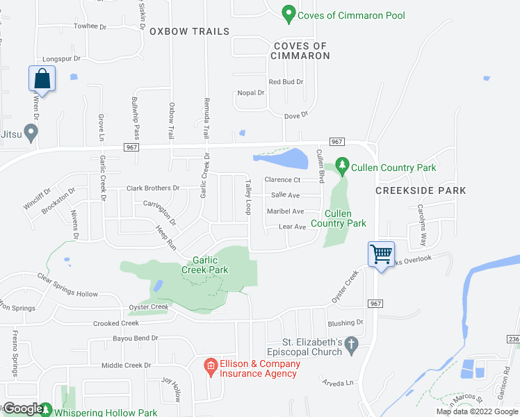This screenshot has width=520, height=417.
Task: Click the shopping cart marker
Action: point(381,254)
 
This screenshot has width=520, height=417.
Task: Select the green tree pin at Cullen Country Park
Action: point(341,165)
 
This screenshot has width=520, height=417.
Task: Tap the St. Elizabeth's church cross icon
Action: point(352,345)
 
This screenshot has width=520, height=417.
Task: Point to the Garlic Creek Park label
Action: point(205,265)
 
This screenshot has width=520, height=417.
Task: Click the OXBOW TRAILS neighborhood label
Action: point(189,32)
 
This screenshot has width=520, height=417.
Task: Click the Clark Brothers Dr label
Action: point(153,188)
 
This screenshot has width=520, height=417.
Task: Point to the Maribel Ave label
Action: point(286,211)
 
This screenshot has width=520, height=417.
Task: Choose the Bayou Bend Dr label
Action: point(136,338)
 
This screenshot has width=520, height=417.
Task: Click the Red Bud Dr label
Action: point(286,82)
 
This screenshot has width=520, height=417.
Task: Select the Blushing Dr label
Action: point(346,323)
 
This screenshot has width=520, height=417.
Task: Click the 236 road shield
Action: point(513,338)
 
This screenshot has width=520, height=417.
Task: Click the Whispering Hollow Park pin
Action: point(45,410)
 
